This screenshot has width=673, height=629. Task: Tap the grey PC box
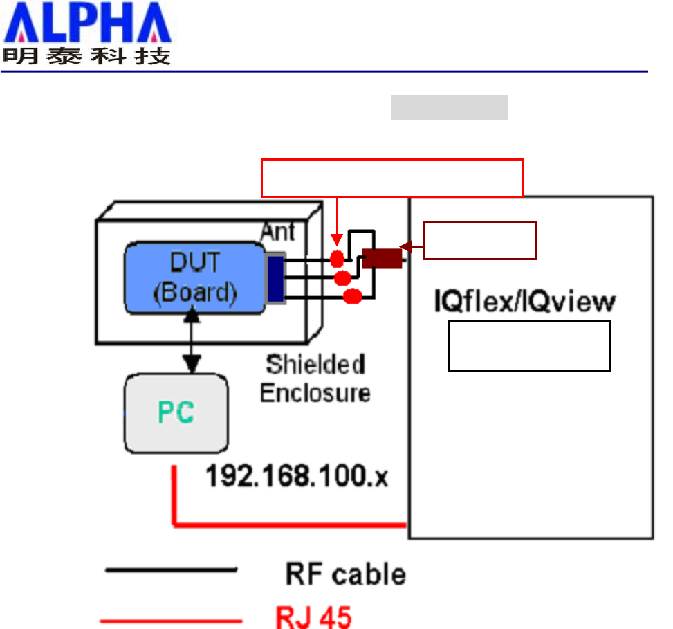click(x=176, y=413)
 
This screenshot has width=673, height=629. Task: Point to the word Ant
click(x=278, y=231)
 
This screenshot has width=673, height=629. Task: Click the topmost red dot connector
click(x=337, y=259)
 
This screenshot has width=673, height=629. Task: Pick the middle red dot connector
click(x=342, y=278)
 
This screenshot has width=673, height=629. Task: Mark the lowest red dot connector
click(x=353, y=296)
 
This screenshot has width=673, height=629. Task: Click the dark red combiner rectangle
click(x=382, y=258)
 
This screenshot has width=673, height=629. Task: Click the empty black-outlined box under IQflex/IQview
click(x=529, y=346)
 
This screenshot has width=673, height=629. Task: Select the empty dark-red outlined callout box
click(x=479, y=240)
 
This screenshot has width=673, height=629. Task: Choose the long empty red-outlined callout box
click(x=392, y=177)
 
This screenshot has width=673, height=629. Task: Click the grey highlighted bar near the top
click(x=450, y=108)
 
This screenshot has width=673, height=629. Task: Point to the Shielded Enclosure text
click(x=315, y=378)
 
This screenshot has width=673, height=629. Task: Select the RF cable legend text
click(x=345, y=574)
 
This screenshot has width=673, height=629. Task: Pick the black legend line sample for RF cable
click(x=171, y=571)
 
